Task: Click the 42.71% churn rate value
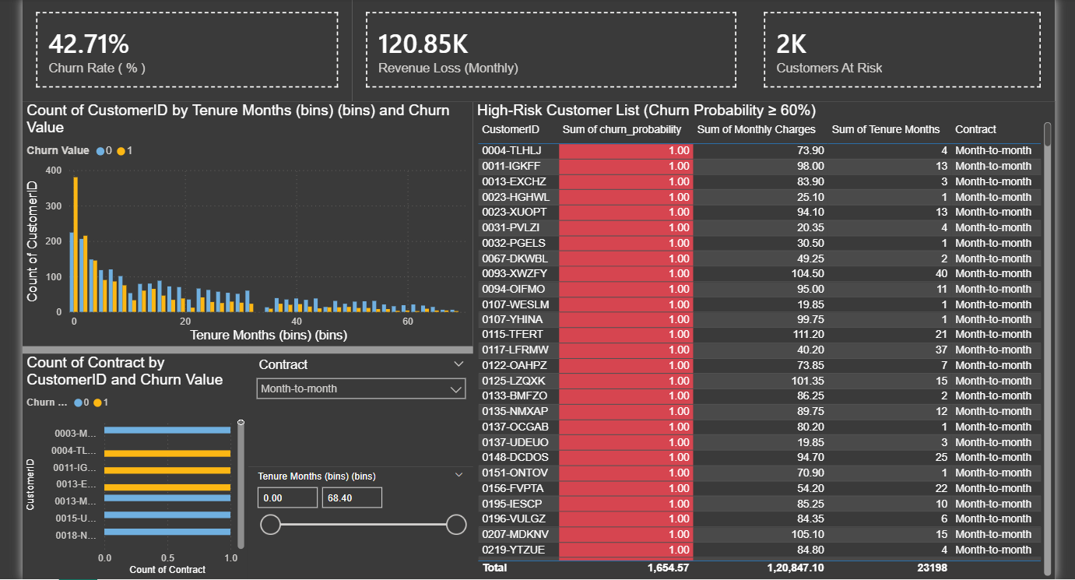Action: [x=89, y=44]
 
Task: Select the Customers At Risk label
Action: [x=829, y=68]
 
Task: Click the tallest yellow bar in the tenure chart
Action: [x=76, y=244]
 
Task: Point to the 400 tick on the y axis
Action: [x=54, y=170]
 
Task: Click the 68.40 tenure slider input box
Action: [x=351, y=497]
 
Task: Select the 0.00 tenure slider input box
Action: [x=287, y=497]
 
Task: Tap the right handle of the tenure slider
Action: [x=456, y=525]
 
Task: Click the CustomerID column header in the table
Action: [x=510, y=129]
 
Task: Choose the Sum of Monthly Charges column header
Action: [x=756, y=129]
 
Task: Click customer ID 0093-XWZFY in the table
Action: [x=515, y=273]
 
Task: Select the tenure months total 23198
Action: [x=931, y=568]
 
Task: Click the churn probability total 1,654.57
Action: [x=667, y=568]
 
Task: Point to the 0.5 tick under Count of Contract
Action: [x=167, y=558]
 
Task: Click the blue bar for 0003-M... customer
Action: [x=167, y=430]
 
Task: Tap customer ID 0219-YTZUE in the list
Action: [x=513, y=550]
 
